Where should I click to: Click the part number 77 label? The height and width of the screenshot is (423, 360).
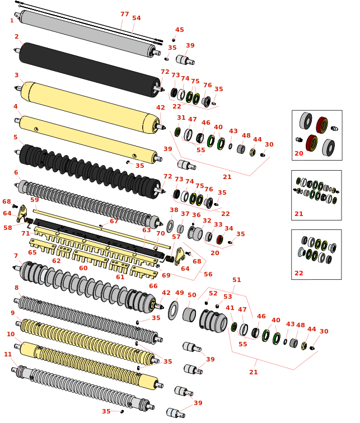[x=124, y=14]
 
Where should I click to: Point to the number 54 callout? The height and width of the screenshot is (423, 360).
[x=137, y=18]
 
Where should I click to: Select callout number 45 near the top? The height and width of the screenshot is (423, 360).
[x=179, y=30]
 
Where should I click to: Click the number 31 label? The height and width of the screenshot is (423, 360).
[x=181, y=117]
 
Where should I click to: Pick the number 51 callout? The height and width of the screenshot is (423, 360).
[x=237, y=280]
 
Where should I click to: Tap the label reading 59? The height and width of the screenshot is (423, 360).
[x=34, y=200]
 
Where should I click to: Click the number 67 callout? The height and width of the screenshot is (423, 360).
[x=114, y=221]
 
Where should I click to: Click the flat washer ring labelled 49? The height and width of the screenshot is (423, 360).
[x=173, y=311]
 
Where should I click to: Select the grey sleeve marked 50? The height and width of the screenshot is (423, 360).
[x=189, y=314]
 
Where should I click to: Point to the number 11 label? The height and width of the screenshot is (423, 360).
[x=8, y=354]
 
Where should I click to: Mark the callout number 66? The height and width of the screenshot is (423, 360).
[x=153, y=286]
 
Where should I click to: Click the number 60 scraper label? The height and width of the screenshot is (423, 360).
[x=83, y=268]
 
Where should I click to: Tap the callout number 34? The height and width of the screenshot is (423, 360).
[x=228, y=228]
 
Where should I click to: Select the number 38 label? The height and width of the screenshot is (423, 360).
[x=174, y=210]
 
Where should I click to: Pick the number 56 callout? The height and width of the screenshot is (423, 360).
[x=208, y=274]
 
